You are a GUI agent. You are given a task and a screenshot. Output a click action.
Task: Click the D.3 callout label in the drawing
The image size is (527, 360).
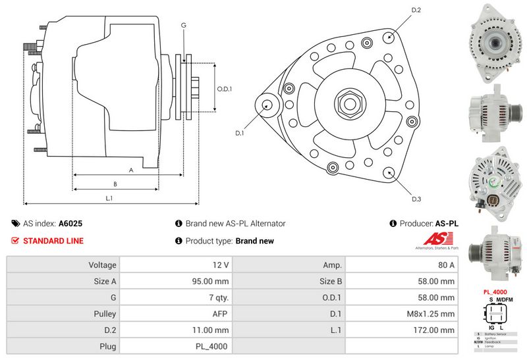tap(416, 199)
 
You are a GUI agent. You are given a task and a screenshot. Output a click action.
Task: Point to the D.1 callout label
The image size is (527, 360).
tap(240, 133)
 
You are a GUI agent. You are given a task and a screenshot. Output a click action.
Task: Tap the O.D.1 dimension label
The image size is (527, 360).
tap(225, 88)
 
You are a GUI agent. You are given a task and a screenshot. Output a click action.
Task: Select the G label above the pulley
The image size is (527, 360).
tap(184, 24)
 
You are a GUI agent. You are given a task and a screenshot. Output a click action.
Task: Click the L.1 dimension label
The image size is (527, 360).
tap(109, 197)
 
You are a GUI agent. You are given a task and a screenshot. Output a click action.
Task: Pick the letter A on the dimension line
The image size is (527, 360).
tap(131, 169)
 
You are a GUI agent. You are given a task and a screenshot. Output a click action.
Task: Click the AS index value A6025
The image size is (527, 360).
tap(70, 224)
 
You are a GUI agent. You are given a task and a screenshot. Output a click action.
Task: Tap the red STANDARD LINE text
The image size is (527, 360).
tap(53, 241)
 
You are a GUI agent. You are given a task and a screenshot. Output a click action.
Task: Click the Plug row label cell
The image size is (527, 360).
tap(63, 346)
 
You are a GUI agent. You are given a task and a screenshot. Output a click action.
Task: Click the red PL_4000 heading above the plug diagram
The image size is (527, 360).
tap(495, 291)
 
